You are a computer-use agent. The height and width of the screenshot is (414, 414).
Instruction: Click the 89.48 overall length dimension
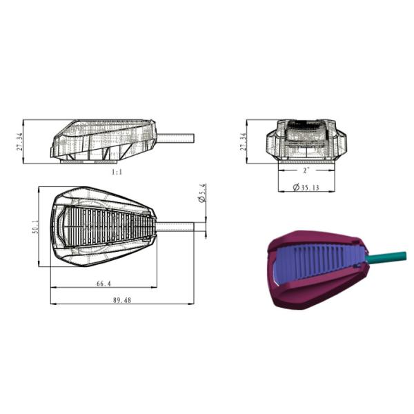point(122,300)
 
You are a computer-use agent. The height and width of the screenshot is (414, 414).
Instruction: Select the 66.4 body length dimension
point(103,284)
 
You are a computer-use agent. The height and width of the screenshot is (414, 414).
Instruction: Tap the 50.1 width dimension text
point(35,227)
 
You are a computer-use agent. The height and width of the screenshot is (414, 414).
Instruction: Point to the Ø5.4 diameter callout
point(202,193)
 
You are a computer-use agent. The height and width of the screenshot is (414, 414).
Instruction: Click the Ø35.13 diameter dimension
point(306,188)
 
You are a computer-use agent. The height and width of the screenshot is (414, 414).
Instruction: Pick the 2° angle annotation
point(306,170)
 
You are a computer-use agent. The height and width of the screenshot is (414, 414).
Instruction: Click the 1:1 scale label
point(117,172)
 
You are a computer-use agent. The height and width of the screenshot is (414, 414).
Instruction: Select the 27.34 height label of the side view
point(20,141)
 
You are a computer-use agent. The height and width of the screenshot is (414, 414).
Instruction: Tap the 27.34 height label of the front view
point(243,141)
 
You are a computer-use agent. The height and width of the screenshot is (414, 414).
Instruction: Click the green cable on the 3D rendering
point(386,257)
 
